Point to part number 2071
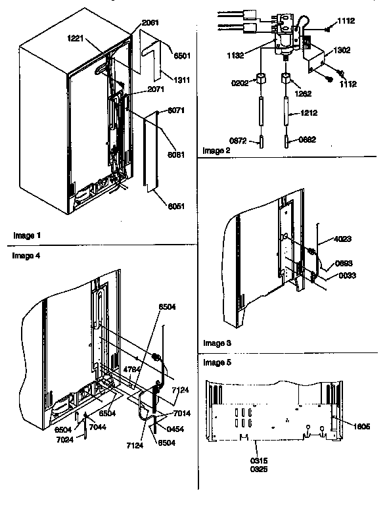click(x=156, y=89)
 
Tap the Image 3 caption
click(x=217, y=343)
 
